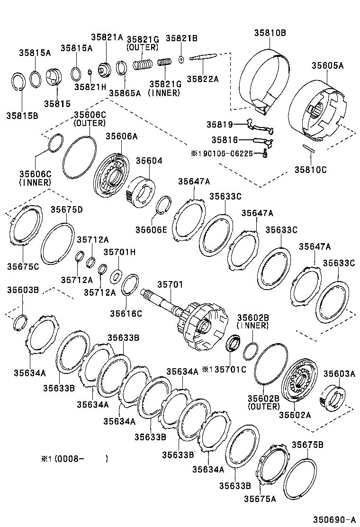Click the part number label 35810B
270,33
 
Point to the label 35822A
202,79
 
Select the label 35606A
121,136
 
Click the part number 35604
149,161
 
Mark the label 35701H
119,252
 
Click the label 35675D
67,209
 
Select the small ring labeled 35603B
20,323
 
